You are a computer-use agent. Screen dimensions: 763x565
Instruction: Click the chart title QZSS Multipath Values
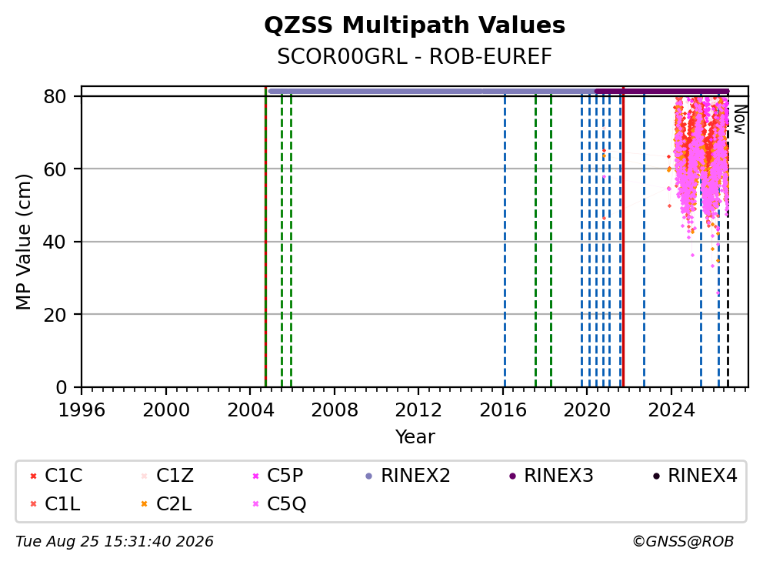(415, 25)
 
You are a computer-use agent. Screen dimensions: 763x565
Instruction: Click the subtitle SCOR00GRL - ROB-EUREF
(415, 56)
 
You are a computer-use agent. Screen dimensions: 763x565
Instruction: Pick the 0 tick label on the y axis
(61, 387)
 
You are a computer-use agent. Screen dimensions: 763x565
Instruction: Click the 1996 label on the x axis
(82, 410)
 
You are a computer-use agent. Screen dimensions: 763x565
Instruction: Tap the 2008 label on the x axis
(335, 410)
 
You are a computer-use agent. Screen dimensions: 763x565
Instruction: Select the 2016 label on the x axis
(503, 410)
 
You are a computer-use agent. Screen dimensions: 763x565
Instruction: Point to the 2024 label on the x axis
(671, 410)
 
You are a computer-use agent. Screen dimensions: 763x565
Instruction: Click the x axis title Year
(415, 437)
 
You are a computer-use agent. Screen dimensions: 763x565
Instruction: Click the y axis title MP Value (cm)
(23, 242)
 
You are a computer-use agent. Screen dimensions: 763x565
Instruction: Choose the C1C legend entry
(56, 476)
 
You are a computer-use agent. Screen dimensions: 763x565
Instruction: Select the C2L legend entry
(166, 503)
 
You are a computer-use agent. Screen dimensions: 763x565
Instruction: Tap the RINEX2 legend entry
(408, 476)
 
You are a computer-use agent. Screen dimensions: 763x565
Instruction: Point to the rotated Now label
(740, 120)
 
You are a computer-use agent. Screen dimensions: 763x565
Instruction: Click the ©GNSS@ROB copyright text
(683, 541)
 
